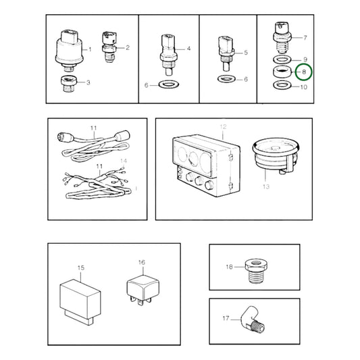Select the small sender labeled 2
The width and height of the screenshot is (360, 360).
click(109, 47)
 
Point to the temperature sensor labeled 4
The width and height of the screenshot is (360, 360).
click(169, 55)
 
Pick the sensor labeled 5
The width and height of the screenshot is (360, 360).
click(226, 53)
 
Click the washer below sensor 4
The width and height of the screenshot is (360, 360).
click(169, 84)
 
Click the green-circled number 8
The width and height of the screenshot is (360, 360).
click(304, 72)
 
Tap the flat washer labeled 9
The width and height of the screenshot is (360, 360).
click(282, 59)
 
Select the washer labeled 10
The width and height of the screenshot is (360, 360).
click(282, 85)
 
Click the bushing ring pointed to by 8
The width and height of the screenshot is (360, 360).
click(282, 72)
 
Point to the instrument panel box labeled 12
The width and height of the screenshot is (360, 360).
click(206, 165)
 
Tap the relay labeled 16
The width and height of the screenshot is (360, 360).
click(143, 291)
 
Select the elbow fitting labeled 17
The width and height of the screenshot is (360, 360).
click(253, 319)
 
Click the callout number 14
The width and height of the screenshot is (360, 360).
click(124, 161)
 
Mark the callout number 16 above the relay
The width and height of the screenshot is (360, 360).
click(142, 262)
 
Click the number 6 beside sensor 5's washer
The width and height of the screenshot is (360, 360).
click(246, 79)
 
